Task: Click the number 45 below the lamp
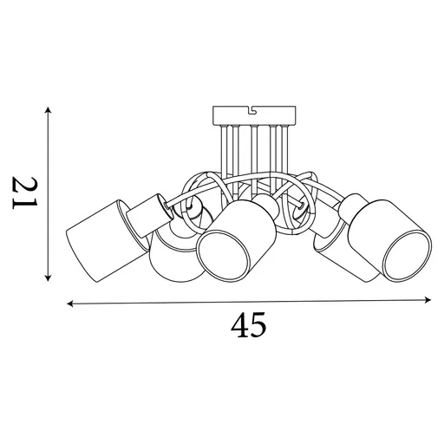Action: [x=248, y=325]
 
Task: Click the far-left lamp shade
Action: [x=100, y=236]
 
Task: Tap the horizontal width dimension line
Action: [x=250, y=303]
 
